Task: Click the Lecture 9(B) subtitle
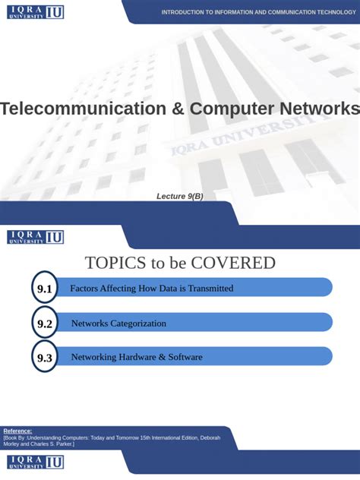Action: (x=180, y=197)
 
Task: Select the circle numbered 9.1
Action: (x=45, y=289)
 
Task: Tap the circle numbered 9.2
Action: (x=45, y=324)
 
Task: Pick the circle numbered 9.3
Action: (x=45, y=358)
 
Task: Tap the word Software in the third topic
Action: (x=185, y=357)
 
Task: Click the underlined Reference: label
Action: (x=17, y=431)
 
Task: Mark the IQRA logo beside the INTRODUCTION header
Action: (x=35, y=12)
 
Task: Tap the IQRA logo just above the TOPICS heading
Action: (x=35, y=237)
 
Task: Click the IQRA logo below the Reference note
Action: (x=35, y=463)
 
